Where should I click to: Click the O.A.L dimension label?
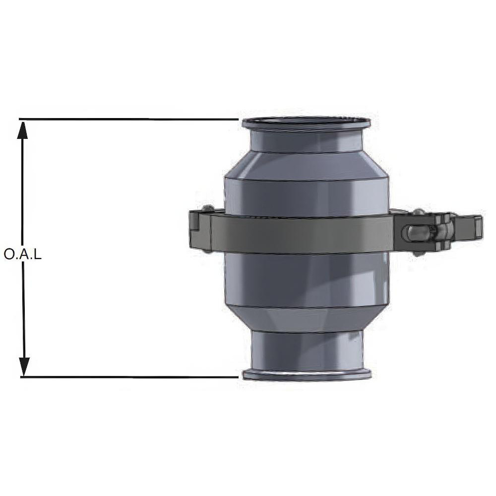22,254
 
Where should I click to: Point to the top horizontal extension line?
129,119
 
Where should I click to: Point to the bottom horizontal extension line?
129,377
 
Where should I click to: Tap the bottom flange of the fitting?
307,374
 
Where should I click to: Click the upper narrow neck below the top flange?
306,141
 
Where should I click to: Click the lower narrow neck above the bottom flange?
307,350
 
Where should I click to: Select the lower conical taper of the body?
307,320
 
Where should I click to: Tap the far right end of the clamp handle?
477,227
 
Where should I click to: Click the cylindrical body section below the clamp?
307,280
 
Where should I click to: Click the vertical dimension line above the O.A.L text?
22,188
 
